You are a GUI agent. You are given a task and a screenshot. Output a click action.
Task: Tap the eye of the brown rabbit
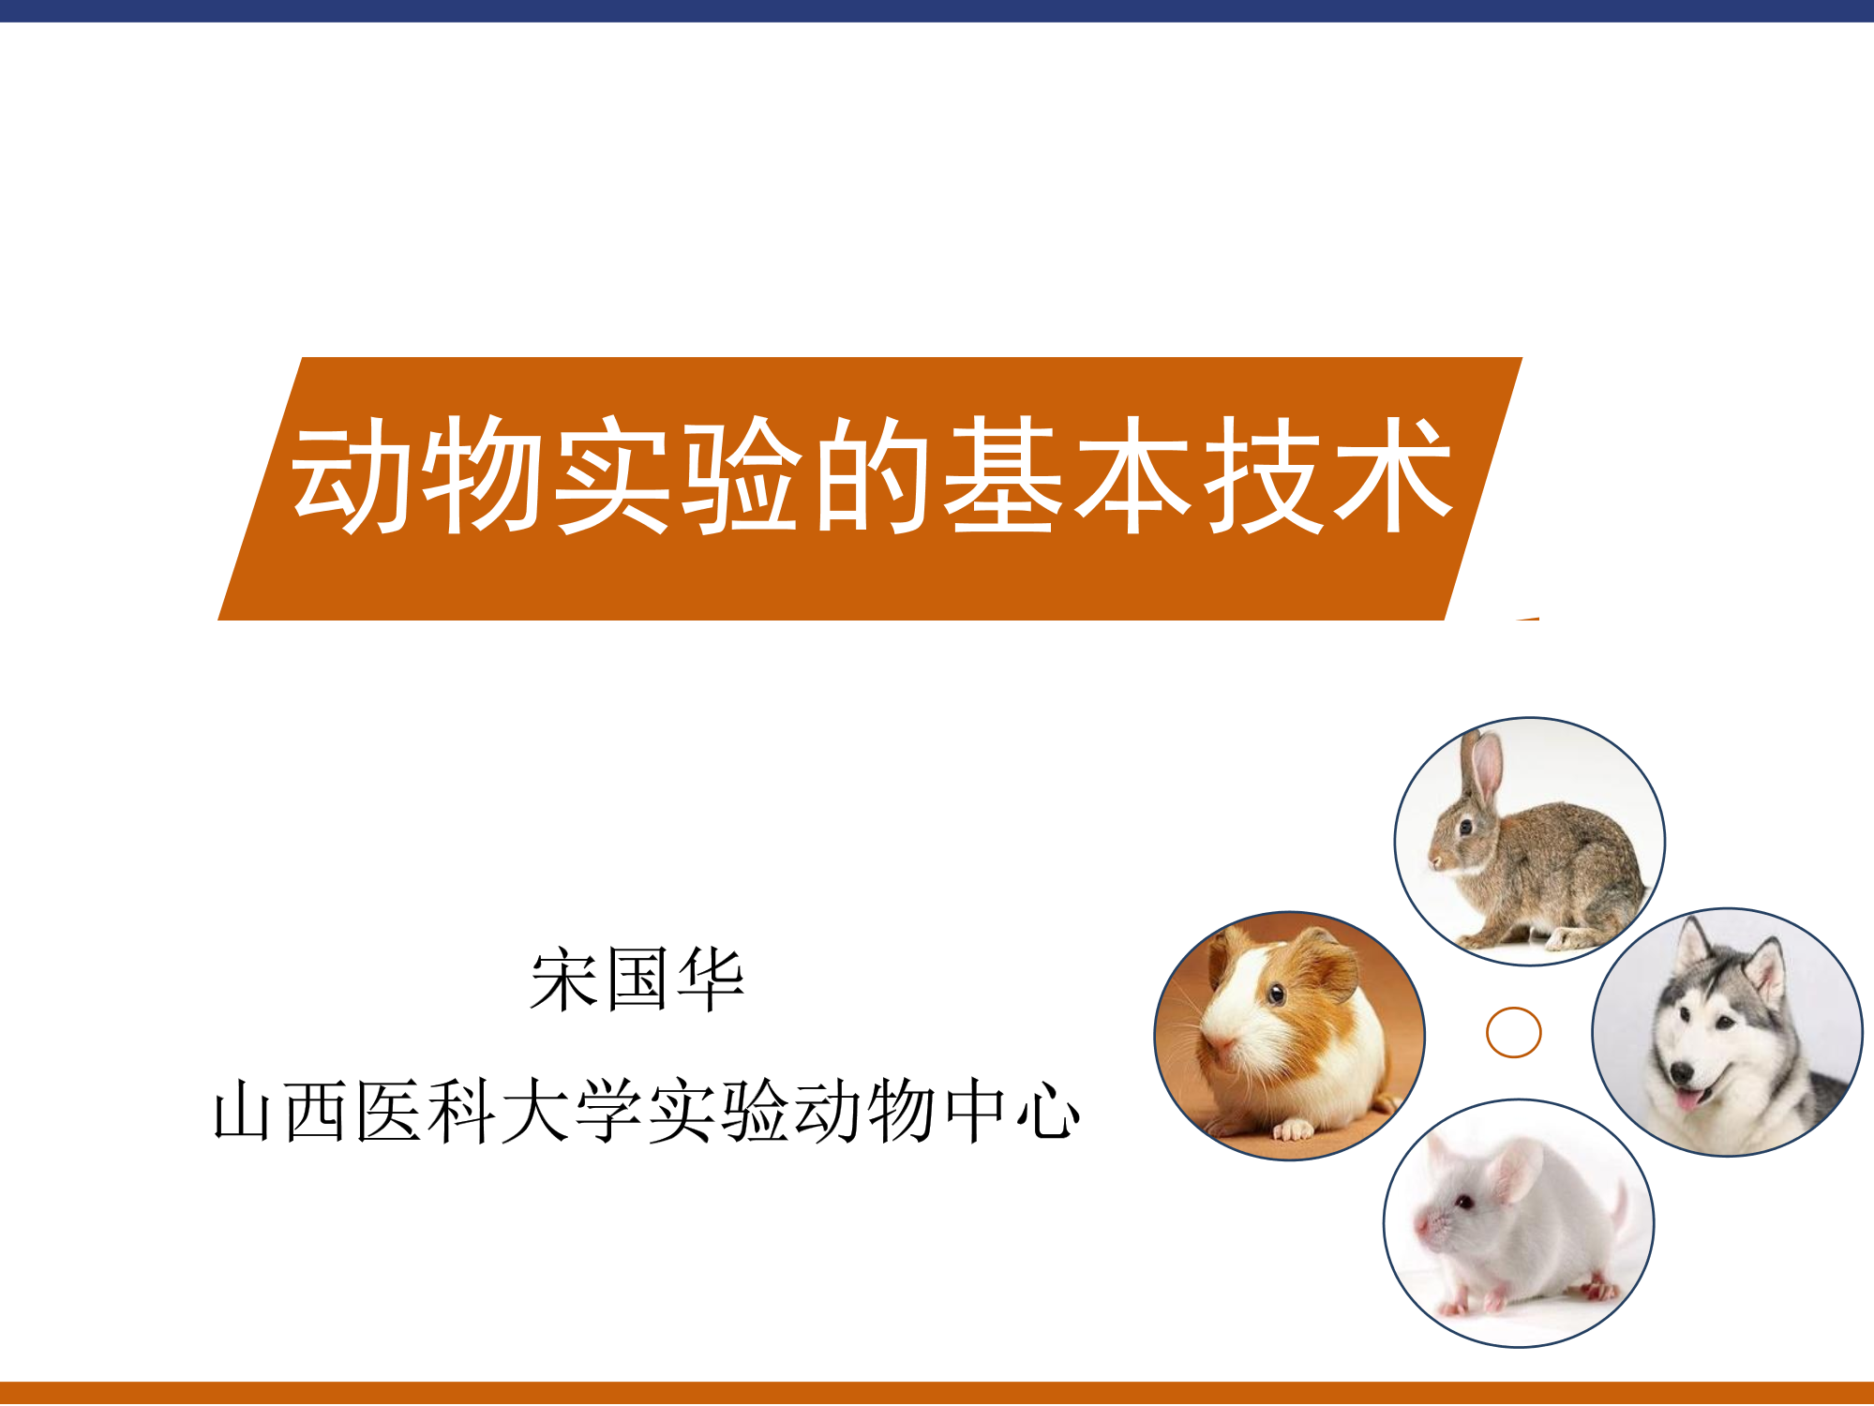click(1465, 827)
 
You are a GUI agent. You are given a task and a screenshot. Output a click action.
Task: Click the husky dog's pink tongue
click(1687, 1099)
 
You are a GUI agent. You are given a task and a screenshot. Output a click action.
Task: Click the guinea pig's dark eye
click(1276, 993)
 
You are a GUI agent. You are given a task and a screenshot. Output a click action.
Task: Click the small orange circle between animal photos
click(1514, 1032)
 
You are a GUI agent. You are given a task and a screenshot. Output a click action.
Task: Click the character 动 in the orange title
click(349, 475)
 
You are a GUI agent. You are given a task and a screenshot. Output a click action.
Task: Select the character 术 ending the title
click(1394, 475)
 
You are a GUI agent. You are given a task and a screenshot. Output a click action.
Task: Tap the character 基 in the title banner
click(1002, 475)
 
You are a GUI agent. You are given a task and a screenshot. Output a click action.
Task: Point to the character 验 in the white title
click(742, 475)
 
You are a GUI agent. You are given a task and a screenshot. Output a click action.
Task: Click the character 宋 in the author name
click(564, 980)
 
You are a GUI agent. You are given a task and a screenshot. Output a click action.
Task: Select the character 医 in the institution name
click(388, 1112)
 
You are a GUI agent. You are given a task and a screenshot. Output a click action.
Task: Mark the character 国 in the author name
click(637, 980)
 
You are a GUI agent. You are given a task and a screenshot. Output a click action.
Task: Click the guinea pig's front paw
click(1294, 1129)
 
